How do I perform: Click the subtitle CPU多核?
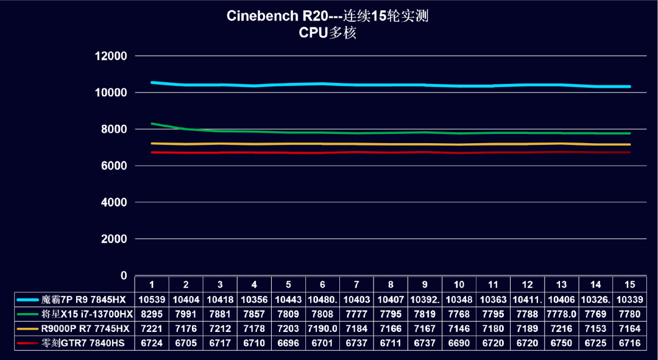pyautogui.click(x=327, y=33)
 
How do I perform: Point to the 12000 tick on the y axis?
pyautogui.click(x=111, y=56)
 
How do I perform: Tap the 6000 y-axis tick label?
pyautogui.click(x=114, y=166)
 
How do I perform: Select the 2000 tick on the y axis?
pyautogui.click(x=114, y=239)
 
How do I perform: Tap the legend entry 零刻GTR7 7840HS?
pyautogui.click(x=83, y=344)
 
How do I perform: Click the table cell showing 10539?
pyautogui.click(x=152, y=300)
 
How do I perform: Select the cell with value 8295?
pyautogui.click(x=152, y=314)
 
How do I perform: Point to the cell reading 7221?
pyautogui.click(x=152, y=329)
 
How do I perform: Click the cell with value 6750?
pyautogui.click(x=562, y=344)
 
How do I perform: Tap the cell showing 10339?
pyautogui.click(x=630, y=300)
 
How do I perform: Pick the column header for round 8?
pyautogui.click(x=391, y=284)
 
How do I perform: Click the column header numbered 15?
pyautogui.click(x=630, y=284)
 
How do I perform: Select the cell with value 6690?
pyautogui.click(x=459, y=344)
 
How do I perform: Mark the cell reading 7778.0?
pyautogui.click(x=562, y=314)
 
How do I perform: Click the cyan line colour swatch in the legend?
pyautogui.click(x=28, y=300)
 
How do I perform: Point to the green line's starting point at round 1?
pyautogui.click(x=152, y=124)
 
